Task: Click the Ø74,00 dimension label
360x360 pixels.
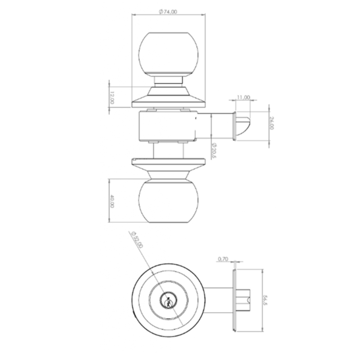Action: tap(168, 12)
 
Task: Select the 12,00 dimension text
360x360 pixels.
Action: tap(112, 97)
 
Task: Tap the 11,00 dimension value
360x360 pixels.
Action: tap(243, 97)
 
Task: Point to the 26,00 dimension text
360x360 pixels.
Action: tap(272, 123)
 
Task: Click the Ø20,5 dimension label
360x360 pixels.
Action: tap(214, 150)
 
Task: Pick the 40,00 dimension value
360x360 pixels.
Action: tap(112, 201)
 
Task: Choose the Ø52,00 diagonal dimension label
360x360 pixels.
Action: tap(137, 239)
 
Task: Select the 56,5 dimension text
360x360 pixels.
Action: tap(265, 300)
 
